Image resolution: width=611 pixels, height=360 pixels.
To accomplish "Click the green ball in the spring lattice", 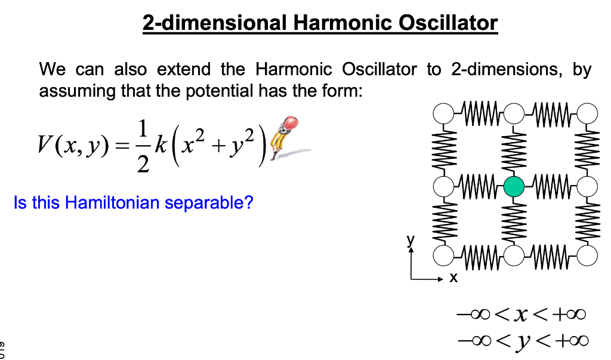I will pos(514,187).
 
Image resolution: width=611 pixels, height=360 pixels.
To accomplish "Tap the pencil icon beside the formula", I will pos(283,137).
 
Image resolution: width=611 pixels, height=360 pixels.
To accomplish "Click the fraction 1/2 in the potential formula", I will pos(141,144).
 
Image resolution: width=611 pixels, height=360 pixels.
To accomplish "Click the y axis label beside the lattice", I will pos(410,239).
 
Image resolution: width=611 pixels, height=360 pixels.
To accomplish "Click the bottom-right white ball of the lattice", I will pos(587,256).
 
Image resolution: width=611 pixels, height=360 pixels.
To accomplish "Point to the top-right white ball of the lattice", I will pos(587,112).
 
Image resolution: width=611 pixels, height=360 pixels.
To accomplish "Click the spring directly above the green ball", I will pos(514,149).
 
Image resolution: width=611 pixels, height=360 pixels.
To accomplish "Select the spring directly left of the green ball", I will pos(479,186).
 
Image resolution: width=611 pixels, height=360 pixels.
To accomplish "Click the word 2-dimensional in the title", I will pos(215,23).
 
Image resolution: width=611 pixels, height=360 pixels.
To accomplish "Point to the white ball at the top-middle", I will pos(514,112).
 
